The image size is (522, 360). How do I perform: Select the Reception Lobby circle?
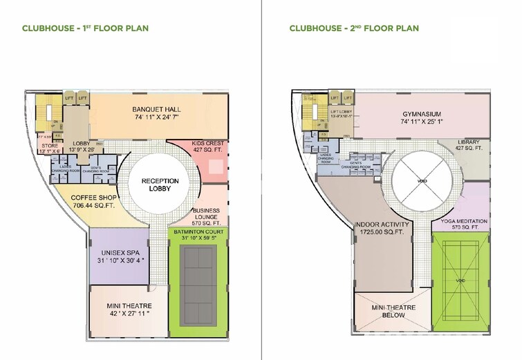tap(160, 184)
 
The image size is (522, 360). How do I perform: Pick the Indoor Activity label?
tap(382, 225)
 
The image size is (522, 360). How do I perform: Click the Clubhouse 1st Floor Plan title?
tap(86, 28)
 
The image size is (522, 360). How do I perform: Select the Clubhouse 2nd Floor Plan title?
tap(353, 28)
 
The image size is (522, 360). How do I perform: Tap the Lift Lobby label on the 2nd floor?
tap(342, 112)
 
